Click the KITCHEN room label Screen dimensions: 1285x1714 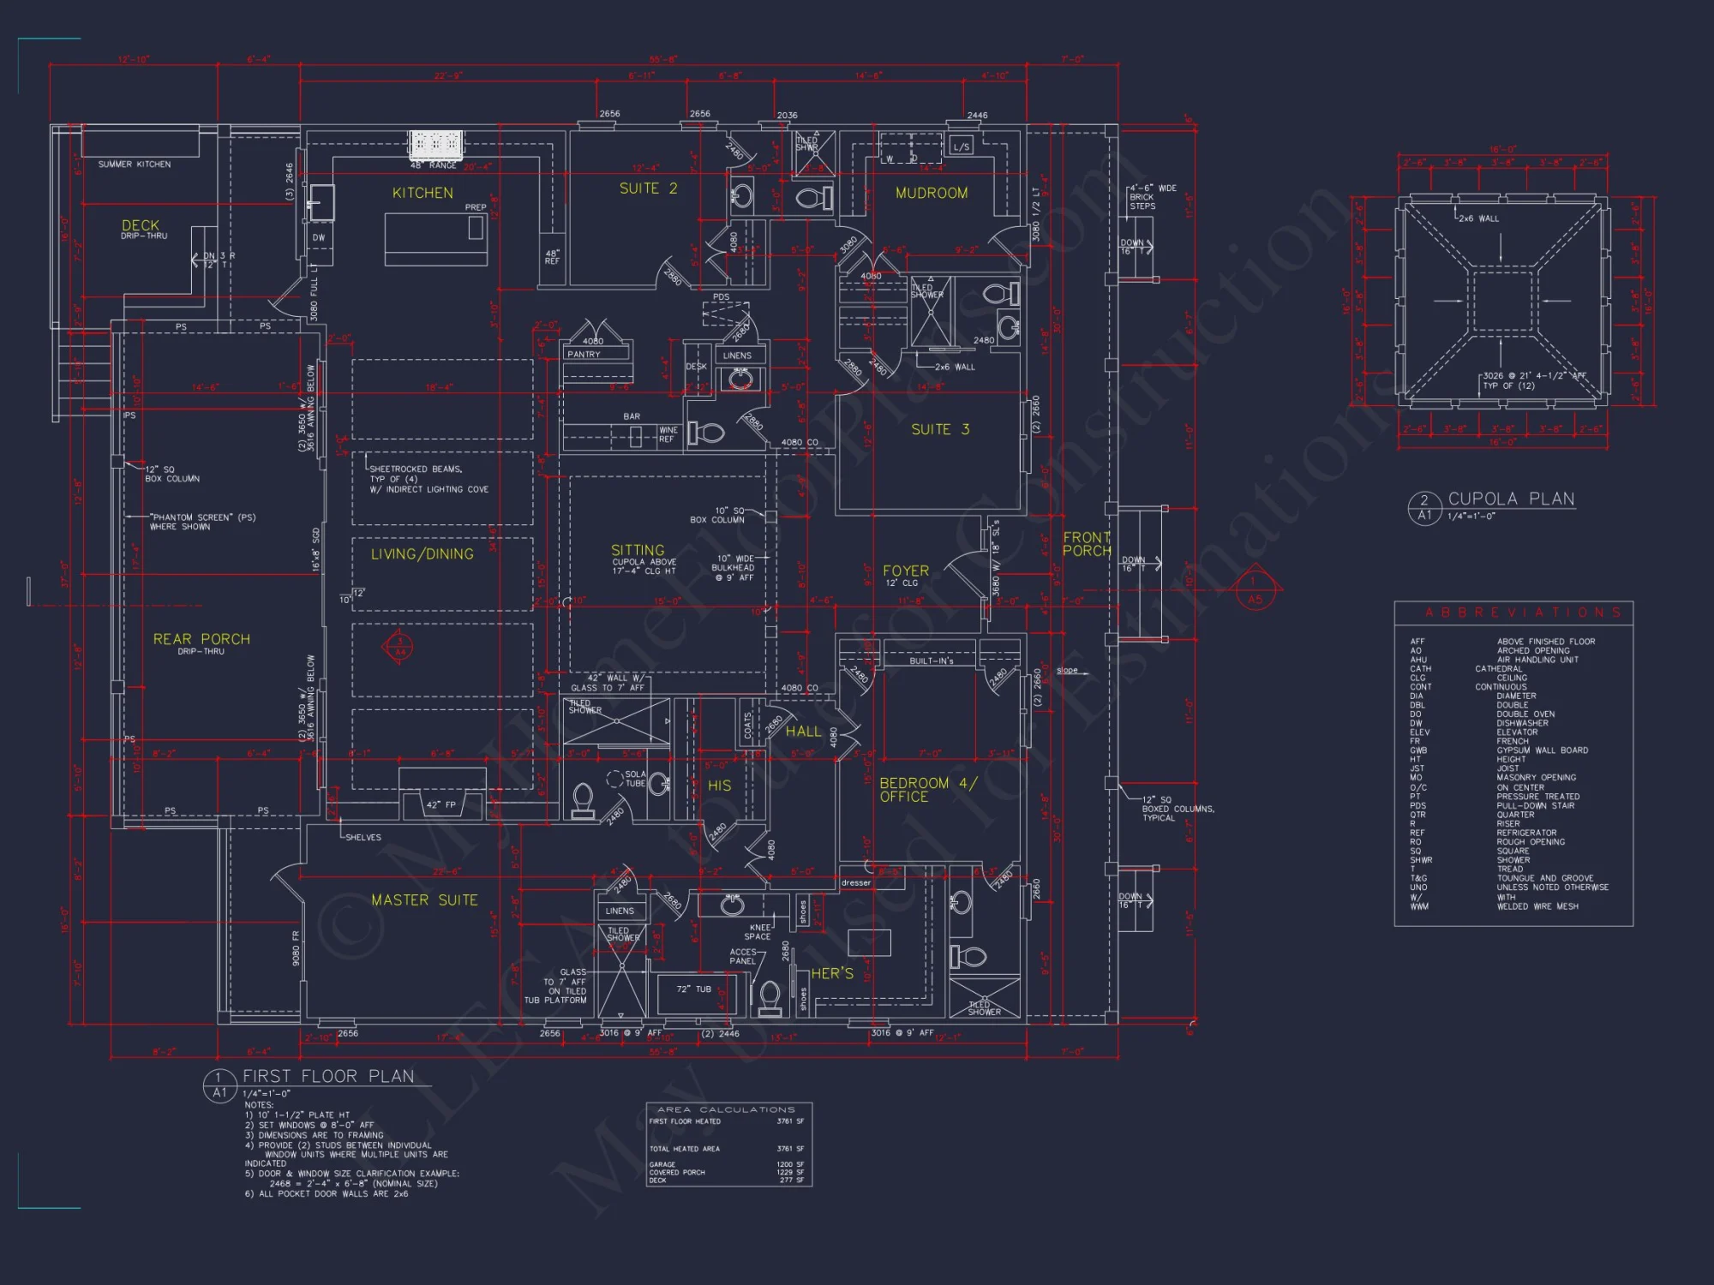pos(423,194)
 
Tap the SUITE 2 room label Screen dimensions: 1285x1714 pos(648,188)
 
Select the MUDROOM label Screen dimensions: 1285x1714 pos(932,194)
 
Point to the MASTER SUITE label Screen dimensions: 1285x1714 pos(424,900)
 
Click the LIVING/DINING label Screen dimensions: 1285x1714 pos(422,554)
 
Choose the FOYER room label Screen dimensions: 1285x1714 pos(906,571)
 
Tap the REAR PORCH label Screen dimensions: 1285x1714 pos(201,639)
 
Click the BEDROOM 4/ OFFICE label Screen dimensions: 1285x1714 pos(927,790)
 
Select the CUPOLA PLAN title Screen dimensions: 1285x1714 pos(1511,499)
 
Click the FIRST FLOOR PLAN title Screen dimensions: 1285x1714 pos(328,1077)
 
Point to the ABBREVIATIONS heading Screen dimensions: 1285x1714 pos(1523,613)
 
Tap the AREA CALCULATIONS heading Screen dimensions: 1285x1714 pos(726,1109)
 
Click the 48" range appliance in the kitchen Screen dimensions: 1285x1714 pos(436,145)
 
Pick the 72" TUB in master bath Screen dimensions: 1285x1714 pos(693,989)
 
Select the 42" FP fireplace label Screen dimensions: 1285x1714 pos(441,804)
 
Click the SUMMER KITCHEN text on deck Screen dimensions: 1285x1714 pos(134,164)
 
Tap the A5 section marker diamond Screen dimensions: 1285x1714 pos(1254,589)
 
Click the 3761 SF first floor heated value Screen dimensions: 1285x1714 pos(789,1121)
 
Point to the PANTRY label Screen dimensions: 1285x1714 pos(584,354)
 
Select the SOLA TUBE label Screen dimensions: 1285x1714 pos(634,779)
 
